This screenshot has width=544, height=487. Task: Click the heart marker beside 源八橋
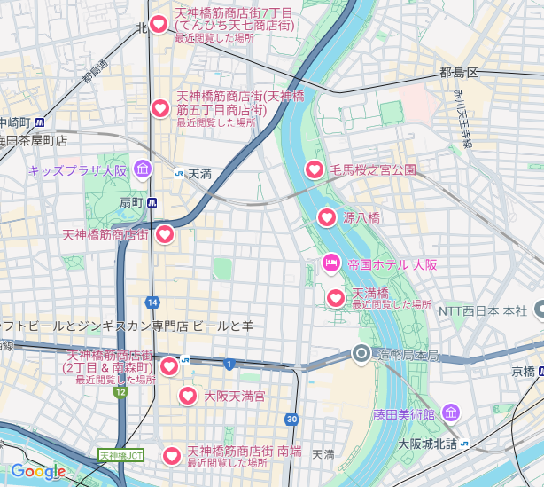pyautogui.click(x=327, y=217)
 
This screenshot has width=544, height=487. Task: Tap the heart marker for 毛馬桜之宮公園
pyautogui.click(x=315, y=169)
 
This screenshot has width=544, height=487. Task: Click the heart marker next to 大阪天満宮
pyautogui.click(x=188, y=396)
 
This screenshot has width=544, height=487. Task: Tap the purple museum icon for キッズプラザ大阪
pyautogui.click(x=143, y=169)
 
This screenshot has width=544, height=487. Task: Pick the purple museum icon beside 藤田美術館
pyautogui.click(x=451, y=412)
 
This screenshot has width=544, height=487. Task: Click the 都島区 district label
pyautogui.click(x=458, y=72)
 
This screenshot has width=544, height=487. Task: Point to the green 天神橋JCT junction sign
pyautogui.click(x=120, y=455)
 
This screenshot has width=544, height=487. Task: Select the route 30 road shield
pyautogui.click(x=291, y=420)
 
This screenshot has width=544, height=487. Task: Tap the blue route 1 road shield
pyautogui.click(x=229, y=364)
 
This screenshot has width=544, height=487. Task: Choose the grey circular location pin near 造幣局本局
pyautogui.click(x=361, y=355)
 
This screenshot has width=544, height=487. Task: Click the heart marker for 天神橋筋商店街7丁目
pyautogui.click(x=159, y=26)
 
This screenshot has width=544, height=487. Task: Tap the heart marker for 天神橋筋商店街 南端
pyautogui.click(x=171, y=456)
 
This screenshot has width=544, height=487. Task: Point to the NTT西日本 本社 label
pyautogui.click(x=483, y=310)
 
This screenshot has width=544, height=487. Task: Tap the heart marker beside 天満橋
pyautogui.click(x=336, y=298)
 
